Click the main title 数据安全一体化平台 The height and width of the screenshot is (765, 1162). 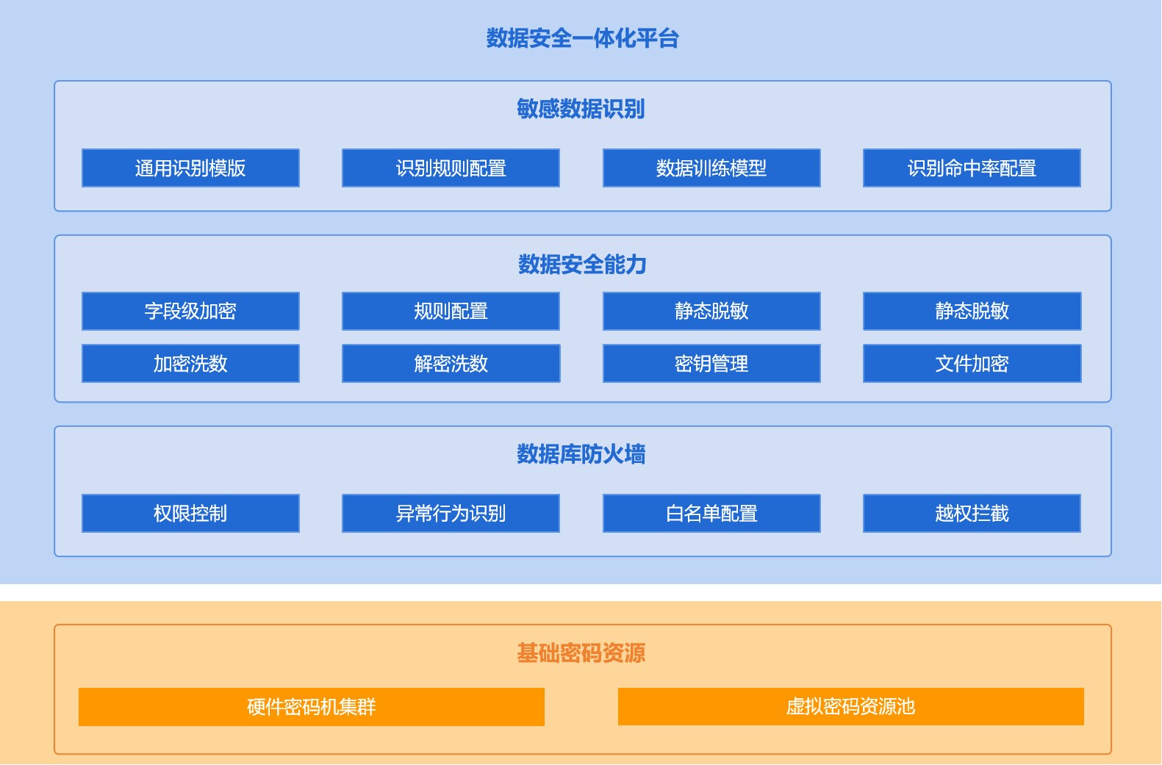click(x=582, y=38)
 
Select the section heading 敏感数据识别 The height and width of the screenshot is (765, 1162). click(x=581, y=109)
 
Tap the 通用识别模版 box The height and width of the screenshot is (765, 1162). click(x=190, y=168)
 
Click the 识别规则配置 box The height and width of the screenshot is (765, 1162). click(x=451, y=168)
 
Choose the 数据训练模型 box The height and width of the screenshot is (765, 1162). click(x=711, y=168)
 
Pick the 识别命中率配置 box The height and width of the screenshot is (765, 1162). click(x=972, y=168)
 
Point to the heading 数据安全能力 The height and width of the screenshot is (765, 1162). click(x=582, y=265)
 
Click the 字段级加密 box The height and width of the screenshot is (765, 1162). click(x=190, y=311)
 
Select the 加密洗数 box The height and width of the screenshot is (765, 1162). click(x=190, y=364)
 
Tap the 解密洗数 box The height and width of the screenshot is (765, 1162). click(x=451, y=364)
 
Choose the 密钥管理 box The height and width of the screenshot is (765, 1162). click(x=711, y=364)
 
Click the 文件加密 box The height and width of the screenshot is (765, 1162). click(x=972, y=364)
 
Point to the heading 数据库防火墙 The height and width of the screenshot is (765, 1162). click(x=581, y=454)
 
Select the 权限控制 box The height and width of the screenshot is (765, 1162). click(x=190, y=514)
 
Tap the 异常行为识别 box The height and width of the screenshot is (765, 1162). click(x=451, y=514)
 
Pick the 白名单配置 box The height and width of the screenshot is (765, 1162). click(x=711, y=514)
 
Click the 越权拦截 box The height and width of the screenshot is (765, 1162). click(x=972, y=514)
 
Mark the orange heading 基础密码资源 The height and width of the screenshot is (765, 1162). click(x=581, y=653)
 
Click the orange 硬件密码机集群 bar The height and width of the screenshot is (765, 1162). click(x=311, y=707)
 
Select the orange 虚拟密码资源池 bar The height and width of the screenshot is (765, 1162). click(x=851, y=707)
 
